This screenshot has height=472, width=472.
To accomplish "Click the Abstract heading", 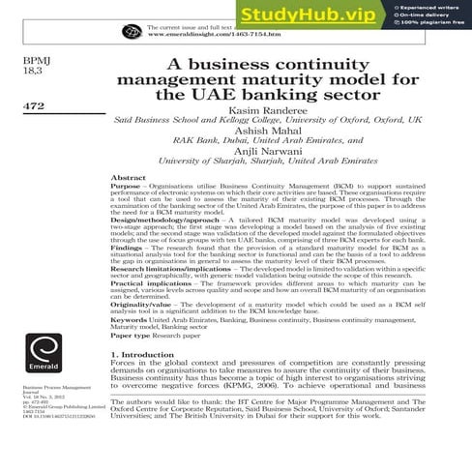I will (x=129, y=179).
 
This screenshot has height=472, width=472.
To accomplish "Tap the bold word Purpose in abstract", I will (x=126, y=188).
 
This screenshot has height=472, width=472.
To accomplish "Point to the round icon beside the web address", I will (x=132, y=31).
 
